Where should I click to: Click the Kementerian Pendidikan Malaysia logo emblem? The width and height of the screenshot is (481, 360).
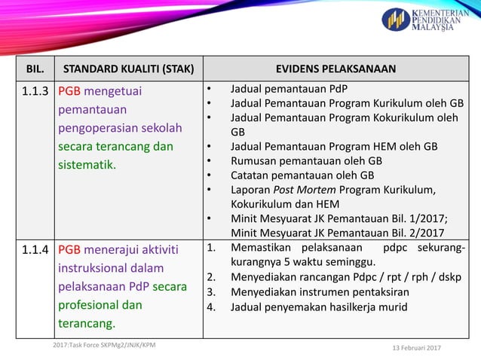click(396, 20)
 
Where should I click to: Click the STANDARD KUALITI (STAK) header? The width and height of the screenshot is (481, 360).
click(127, 69)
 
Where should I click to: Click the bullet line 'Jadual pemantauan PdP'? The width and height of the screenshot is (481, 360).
click(289, 89)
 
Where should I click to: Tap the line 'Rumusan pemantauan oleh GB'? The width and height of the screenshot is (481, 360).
click(306, 160)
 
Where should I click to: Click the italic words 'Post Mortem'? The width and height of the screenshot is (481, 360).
click(302, 189)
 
